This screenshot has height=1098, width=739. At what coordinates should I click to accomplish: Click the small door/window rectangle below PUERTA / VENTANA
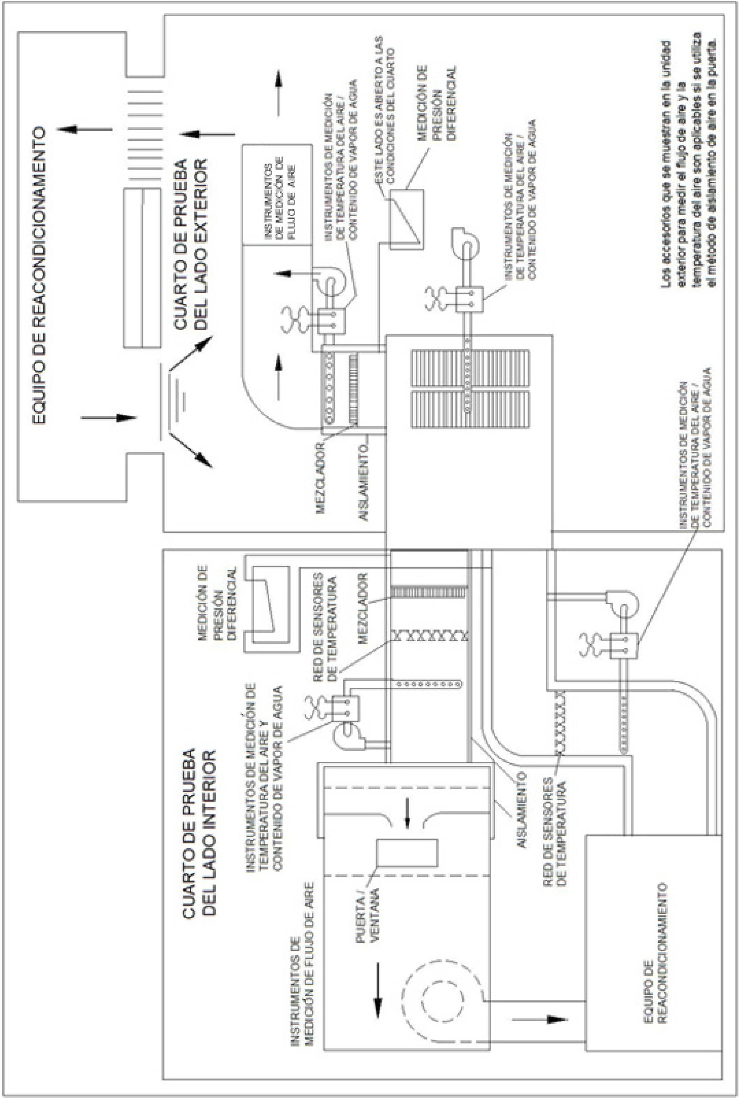(x=407, y=853)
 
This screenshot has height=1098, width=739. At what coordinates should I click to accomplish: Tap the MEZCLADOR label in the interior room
(x=362, y=608)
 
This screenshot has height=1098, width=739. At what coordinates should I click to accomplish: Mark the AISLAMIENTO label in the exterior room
(x=363, y=481)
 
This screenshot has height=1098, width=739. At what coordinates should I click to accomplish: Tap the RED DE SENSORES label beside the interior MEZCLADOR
(x=325, y=627)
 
